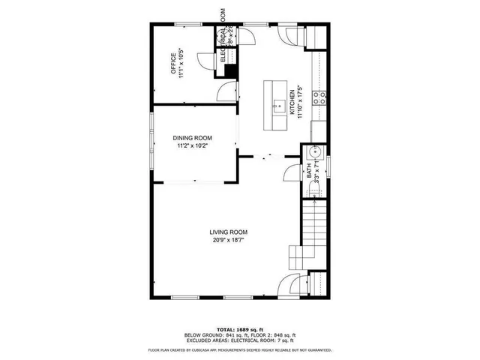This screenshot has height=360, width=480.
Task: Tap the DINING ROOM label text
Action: tap(193, 138)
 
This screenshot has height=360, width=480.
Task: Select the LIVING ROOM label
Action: tap(228, 232)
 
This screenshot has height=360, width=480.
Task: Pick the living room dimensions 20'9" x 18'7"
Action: tap(228, 240)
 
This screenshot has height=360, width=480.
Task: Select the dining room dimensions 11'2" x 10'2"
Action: tap(193, 146)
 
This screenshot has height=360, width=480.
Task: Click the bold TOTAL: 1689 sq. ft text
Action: tap(240, 329)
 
